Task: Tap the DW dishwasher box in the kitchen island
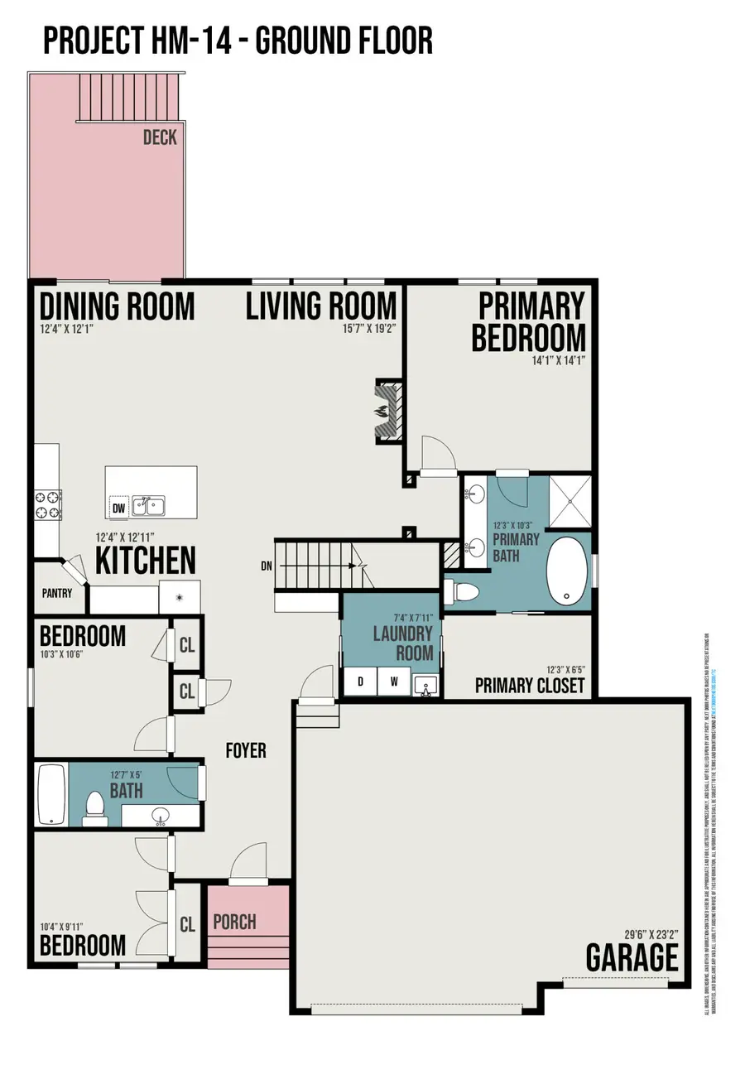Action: [118, 507]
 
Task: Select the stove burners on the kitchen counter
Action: [47, 504]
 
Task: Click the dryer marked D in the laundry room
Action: [360, 682]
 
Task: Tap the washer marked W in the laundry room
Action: [393, 682]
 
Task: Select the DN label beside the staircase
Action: [266, 566]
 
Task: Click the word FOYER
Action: [246, 751]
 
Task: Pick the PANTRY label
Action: [57, 593]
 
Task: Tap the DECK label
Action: [160, 137]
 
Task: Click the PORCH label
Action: [234, 922]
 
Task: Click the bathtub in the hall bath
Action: [51, 794]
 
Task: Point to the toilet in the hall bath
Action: [95, 808]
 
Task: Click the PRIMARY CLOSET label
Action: [530, 686]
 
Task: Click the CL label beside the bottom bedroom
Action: [188, 924]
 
